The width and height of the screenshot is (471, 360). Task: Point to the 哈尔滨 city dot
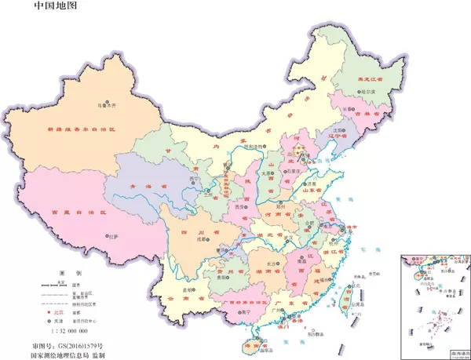pyautogui.click(x=360, y=93)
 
